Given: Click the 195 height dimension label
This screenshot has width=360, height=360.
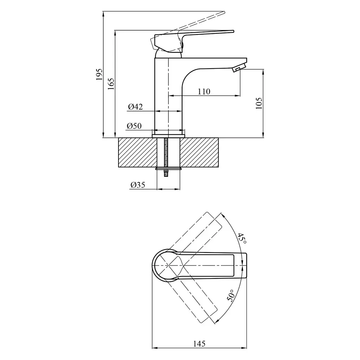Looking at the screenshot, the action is pos(99,74).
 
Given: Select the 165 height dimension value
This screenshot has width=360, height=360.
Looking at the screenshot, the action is pos(111,84).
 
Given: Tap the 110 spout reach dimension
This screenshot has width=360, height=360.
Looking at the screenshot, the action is pos(204,92).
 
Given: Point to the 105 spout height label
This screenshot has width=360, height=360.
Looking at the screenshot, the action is pos(259,103).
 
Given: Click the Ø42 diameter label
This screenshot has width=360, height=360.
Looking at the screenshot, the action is pos(135,107).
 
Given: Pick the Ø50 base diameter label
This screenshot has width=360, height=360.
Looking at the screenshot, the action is pos(134,126).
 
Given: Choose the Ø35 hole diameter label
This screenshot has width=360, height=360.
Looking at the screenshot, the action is pos(138,185).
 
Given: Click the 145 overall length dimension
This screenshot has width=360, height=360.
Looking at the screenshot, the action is pos(199,344).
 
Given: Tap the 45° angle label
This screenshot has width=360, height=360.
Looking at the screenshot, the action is pos(242,239).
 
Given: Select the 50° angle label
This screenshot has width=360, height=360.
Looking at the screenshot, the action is pos(230,295).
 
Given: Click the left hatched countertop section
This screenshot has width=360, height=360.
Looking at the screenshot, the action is pos(137,153).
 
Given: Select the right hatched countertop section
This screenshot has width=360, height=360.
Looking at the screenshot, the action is pos(199,153).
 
